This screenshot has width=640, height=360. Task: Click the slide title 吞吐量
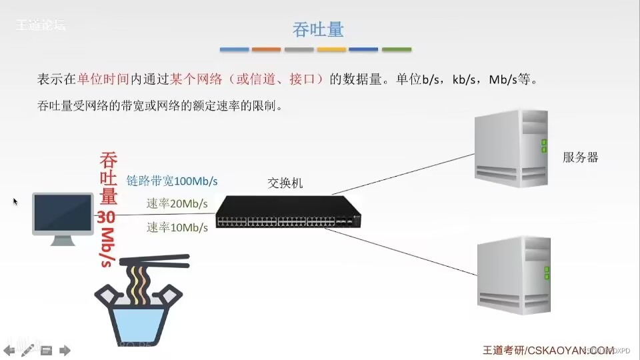[x=318, y=29]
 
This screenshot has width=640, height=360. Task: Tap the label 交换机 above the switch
[x=285, y=183]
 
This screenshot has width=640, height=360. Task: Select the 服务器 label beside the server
[x=580, y=157]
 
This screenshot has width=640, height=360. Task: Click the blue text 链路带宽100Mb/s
[x=172, y=181]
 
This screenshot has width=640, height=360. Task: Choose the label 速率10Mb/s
[x=177, y=227]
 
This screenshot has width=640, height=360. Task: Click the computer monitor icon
[x=63, y=217]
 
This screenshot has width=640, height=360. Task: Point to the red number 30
[x=107, y=217]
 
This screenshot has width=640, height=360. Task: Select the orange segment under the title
[x=267, y=49]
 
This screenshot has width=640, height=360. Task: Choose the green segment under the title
[x=397, y=49]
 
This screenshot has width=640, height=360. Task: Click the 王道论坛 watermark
[x=40, y=26]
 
